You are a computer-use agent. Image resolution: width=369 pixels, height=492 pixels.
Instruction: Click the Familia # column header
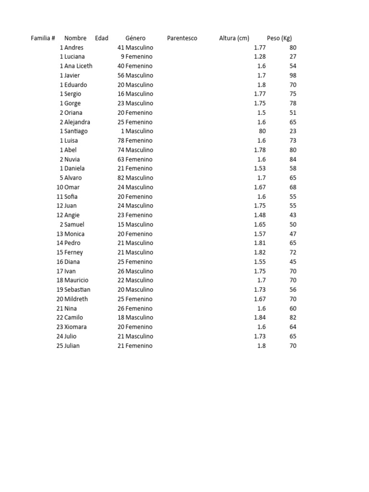pyautogui.click(x=43, y=38)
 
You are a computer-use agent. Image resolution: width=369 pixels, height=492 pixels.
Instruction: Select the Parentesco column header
pyautogui.click(x=182, y=38)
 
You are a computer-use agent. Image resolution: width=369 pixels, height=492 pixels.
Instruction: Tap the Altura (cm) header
pyautogui.click(x=234, y=38)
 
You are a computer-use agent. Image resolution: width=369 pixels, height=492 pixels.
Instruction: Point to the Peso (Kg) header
pyautogui.click(x=279, y=38)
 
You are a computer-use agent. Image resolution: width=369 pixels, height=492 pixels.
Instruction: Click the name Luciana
pyautogui.click(x=75, y=57)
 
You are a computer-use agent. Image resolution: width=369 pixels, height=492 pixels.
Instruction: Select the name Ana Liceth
pyautogui.click(x=78, y=66)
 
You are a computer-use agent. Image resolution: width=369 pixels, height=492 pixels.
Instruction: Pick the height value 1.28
pyautogui.click(x=259, y=57)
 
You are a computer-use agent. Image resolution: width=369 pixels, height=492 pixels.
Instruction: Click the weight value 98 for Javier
pyautogui.click(x=293, y=75)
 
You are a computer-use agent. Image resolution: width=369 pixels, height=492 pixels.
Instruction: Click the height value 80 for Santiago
pyautogui.click(x=262, y=131)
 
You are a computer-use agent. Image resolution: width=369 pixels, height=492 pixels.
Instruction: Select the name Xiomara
pyautogui.click(x=76, y=327)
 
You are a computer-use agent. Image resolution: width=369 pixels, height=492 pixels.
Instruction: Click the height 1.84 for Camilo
pyautogui.click(x=259, y=318)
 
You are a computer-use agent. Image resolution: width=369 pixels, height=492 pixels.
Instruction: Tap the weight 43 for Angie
pyautogui.click(x=293, y=215)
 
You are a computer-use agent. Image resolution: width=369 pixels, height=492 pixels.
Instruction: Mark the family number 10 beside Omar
pyautogui.click(x=60, y=187)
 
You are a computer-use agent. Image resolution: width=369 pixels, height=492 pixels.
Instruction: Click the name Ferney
pyautogui.click(x=74, y=252)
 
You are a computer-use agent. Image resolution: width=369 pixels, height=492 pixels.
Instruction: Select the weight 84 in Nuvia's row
pyautogui.click(x=293, y=160)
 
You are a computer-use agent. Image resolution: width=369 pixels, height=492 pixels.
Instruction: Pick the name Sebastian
pyautogui.click(x=77, y=290)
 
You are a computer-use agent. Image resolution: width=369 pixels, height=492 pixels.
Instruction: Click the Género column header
pyautogui.click(x=135, y=38)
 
